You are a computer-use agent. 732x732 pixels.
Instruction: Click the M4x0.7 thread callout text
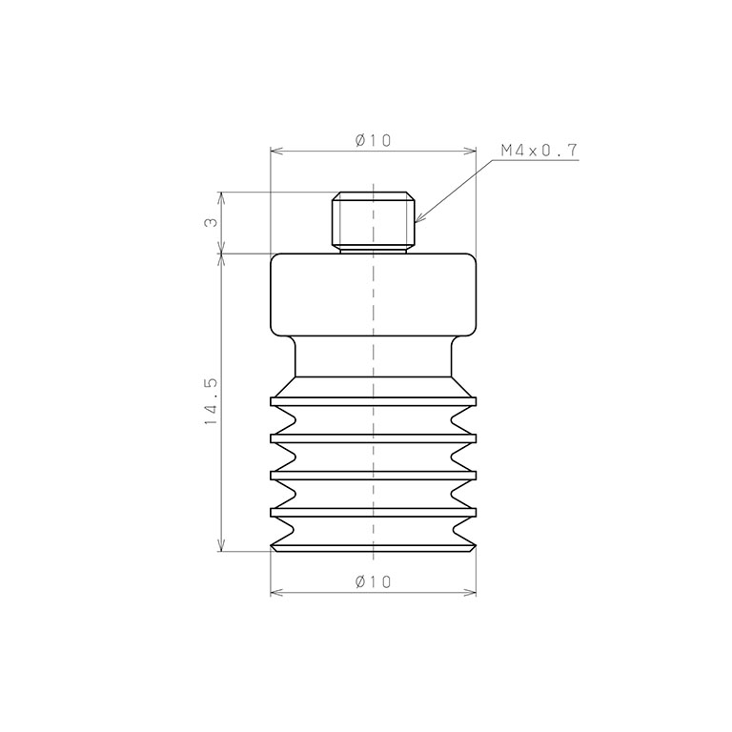click(x=539, y=151)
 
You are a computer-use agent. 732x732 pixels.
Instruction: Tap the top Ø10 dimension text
click(x=373, y=140)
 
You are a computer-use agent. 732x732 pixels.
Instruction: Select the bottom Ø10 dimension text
click(x=373, y=581)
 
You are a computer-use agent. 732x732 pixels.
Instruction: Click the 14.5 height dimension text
click(x=211, y=401)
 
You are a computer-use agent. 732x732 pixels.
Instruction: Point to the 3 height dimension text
click(x=211, y=222)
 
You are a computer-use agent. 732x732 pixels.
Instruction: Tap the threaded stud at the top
click(x=374, y=222)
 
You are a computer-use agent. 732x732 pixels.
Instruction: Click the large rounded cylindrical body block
click(x=374, y=295)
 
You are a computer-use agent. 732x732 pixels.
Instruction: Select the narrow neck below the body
click(x=374, y=356)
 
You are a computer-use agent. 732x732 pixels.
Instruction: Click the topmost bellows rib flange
click(x=374, y=401)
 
